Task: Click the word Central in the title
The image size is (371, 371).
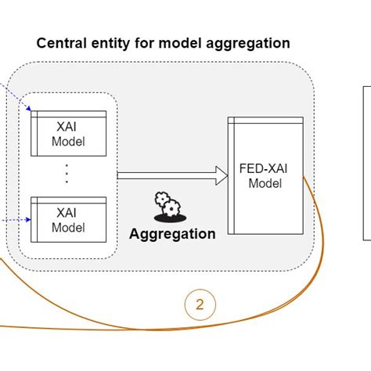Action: [60, 43]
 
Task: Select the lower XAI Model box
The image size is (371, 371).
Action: [68, 218]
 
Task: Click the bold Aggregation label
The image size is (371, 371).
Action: [172, 233]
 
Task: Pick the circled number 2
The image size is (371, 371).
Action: [200, 305]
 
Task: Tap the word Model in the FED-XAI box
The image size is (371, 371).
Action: [265, 183]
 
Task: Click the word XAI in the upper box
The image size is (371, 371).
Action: [68, 127]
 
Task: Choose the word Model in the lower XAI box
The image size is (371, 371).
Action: [68, 228]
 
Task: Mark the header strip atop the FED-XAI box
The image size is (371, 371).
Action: [265, 121]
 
